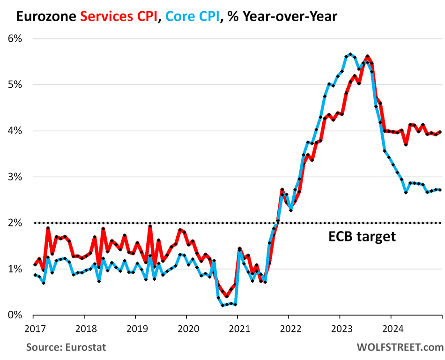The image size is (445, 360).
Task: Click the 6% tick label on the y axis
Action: coord(16,39)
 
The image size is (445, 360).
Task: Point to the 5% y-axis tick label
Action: coord(16,85)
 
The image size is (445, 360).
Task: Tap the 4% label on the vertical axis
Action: coord(16,131)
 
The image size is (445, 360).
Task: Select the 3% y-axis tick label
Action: coord(16,177)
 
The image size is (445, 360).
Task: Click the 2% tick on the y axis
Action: coord(16,223)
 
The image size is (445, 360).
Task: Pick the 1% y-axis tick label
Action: coord(16,269)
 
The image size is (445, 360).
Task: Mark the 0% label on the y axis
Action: coord(16,315)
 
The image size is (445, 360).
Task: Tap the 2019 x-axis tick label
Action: coord(135,328)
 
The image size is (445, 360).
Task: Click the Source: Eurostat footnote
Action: coord(66,347)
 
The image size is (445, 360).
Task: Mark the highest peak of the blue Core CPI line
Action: coord(350,54)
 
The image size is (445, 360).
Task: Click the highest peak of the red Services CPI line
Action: coord(367,56)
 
